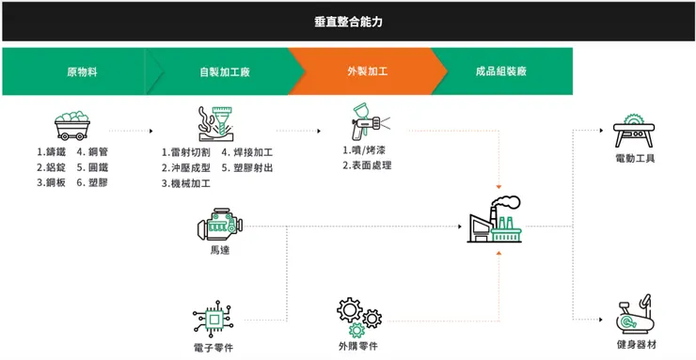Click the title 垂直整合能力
[348, 21]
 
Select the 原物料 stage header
[82, 71]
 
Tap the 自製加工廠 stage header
[225, 71]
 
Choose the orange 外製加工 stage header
[367, 71]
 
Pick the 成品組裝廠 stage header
[501, 71]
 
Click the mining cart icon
[73, 126]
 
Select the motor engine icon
[219, 227]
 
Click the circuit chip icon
[214, 317]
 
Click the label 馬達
[219, 251]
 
